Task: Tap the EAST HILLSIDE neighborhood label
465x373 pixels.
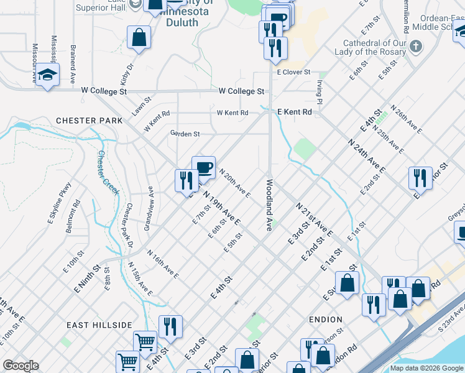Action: point(101,325)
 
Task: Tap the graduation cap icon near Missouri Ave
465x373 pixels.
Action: point(47,75)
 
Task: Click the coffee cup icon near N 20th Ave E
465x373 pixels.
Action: point(204,167)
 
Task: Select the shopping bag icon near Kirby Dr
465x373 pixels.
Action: point(139,37)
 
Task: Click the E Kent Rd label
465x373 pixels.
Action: point(294,112)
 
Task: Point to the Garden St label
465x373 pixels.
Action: point(185,134)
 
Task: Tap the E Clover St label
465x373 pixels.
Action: point(293,73)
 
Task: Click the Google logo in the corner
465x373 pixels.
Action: point(21,366)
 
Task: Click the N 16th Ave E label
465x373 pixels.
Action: point(162,264)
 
